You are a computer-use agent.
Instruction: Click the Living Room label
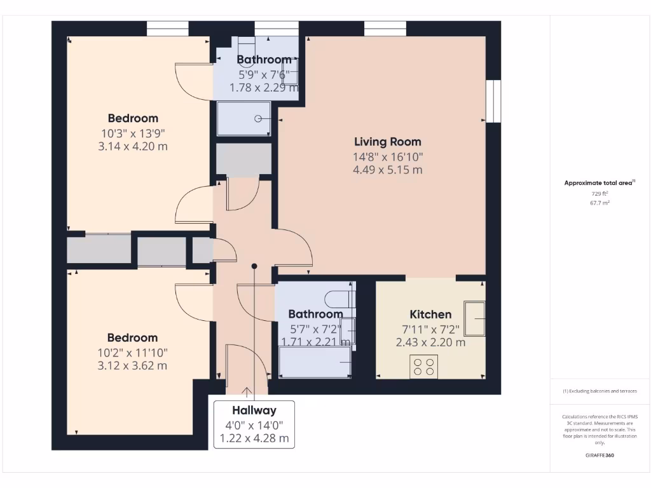click(x=387, y=142)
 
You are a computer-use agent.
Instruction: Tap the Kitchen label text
click(x=430, y=314)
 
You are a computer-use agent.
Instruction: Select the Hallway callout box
click(x=254, y=424)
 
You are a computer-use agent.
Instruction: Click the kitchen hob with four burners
click(x=423, y=367)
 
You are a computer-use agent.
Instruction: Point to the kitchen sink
click(x=474, y=318)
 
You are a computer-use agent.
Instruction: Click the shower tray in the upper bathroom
click(x=243, y=118)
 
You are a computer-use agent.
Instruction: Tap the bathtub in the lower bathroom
click(x=315, y=363)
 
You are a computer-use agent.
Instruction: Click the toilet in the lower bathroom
click(x=335, y=298)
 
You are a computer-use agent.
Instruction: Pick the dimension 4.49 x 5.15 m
click(x=387, y=170)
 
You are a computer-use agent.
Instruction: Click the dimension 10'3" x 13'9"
click(x=133, y=133)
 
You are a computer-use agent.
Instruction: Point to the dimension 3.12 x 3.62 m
click(x=132, y=366)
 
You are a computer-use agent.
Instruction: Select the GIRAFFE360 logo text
click(x=600, y=455)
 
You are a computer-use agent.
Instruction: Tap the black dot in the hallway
click(x=254, y=266)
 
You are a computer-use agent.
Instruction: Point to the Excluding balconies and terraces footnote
click(x=600, y=391)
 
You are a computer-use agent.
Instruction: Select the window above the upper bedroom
click(x=168, y=29)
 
